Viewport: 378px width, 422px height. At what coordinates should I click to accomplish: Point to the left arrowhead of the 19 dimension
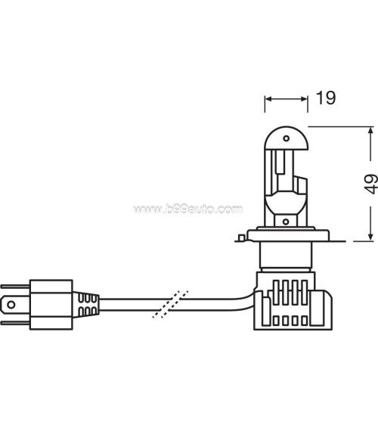[267, 98]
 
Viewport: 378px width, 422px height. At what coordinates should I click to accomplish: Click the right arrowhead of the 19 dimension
[307, 98]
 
